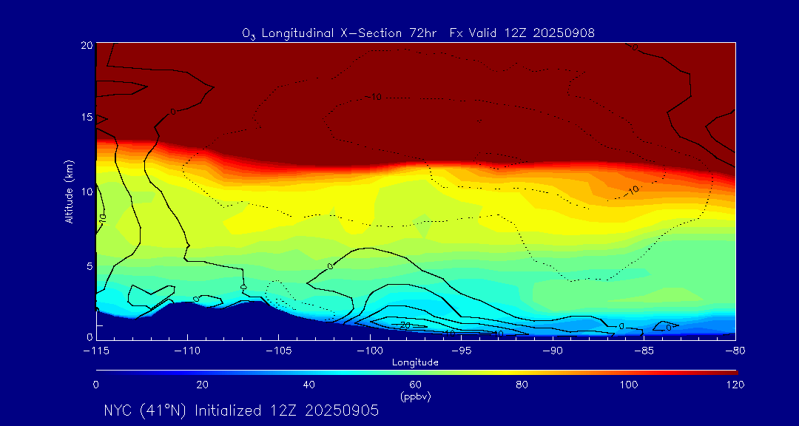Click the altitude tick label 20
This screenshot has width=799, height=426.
point(86,45)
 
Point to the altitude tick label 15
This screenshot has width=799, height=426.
point(86,118)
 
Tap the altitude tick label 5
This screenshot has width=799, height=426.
point(89,266)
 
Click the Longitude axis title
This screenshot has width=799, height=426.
point(415,362)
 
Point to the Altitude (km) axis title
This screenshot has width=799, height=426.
point(69,192)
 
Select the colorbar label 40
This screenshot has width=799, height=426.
point(309,385)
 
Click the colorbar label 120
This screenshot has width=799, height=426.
point(735,385)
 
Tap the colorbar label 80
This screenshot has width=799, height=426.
point(522,385)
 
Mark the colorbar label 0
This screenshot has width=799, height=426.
point(96,385)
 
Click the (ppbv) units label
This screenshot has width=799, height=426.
point(415,396)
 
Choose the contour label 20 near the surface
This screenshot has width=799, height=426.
point(405,325)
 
